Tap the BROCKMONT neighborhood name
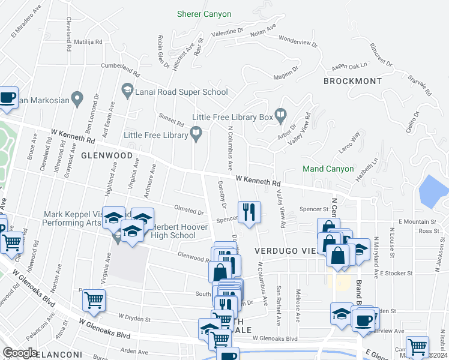click(x=352, y=81)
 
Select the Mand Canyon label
click(x=328, y=169)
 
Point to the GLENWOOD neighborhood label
click(x=107, y=155)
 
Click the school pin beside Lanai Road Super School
click(x=127, y=91)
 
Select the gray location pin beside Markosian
click(x=76, y=97)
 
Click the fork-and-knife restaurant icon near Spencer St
click(x=249, y=212)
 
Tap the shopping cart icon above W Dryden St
click(x=94, y=300)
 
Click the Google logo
click(x=20, y=353)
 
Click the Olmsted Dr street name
click(x=188, y=211)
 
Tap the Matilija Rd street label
click(x=88, y=42)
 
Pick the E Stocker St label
click(x=396, y=273)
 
